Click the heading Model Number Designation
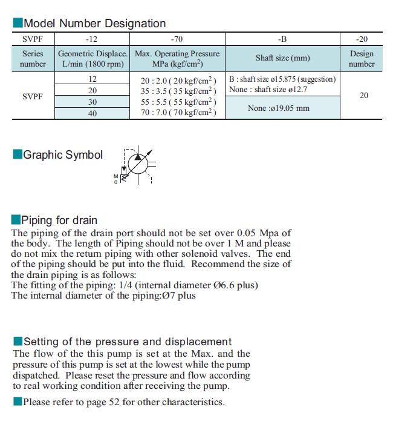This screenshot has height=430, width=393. (94, 24)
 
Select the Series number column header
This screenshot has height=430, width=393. (33, 59)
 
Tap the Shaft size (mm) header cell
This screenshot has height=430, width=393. (282, 59)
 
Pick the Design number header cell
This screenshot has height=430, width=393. (362, 59)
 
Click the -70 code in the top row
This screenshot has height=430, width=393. (177, 39)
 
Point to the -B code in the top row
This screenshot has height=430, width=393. (282, 39)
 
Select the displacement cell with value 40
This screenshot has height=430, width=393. (93, 113)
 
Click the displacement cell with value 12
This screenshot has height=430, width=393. (93, 79)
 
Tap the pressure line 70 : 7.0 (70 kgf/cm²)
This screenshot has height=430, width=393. (178, 113)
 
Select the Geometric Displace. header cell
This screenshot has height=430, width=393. (93, 59)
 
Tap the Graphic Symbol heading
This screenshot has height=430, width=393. (62, 155)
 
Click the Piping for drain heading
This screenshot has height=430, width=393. (59, 220)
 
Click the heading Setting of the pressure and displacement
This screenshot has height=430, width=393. (127, 342)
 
